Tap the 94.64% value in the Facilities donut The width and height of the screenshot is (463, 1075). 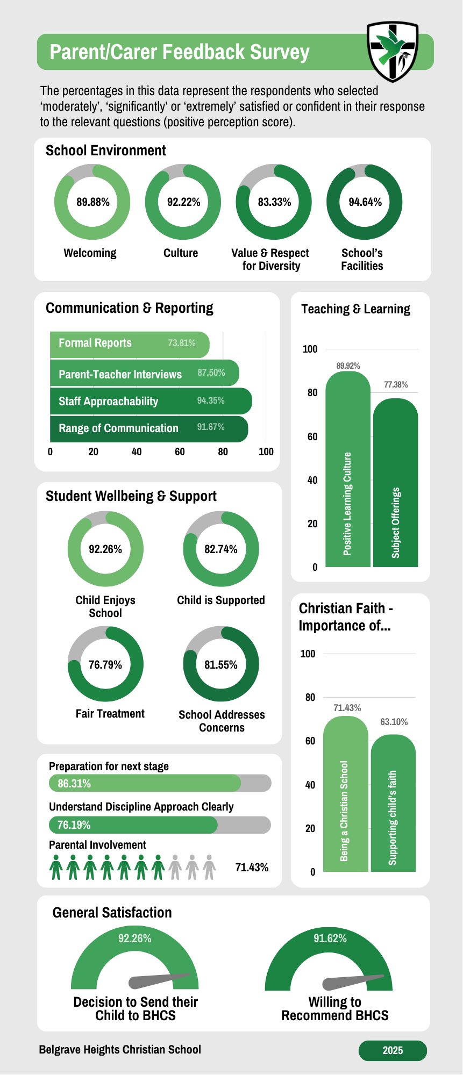click(365, 202)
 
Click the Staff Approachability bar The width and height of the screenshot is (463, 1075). click(151, 401)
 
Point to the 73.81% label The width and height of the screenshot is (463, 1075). click(182, 343)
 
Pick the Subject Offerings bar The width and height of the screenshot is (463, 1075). click(395, 484)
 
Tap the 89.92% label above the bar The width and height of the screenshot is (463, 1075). click(348, 366)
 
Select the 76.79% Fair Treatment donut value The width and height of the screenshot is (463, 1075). click(105, 665)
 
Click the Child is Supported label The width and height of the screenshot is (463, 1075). click(221, 600)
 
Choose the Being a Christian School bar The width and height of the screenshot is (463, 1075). click(345, 795)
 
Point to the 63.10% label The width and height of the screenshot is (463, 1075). click(394, 722)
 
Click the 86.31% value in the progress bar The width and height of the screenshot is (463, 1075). click(74, 784)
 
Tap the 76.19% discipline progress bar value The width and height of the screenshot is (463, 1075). click(74, 825)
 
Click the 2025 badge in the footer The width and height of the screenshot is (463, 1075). click(393, 1051)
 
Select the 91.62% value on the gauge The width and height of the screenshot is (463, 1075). click(330, 938)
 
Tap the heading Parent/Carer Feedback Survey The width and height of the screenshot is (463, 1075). click(180, 52)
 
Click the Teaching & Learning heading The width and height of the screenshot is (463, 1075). click(355, 309)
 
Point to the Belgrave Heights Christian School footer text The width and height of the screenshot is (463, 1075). click(120, 1050)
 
